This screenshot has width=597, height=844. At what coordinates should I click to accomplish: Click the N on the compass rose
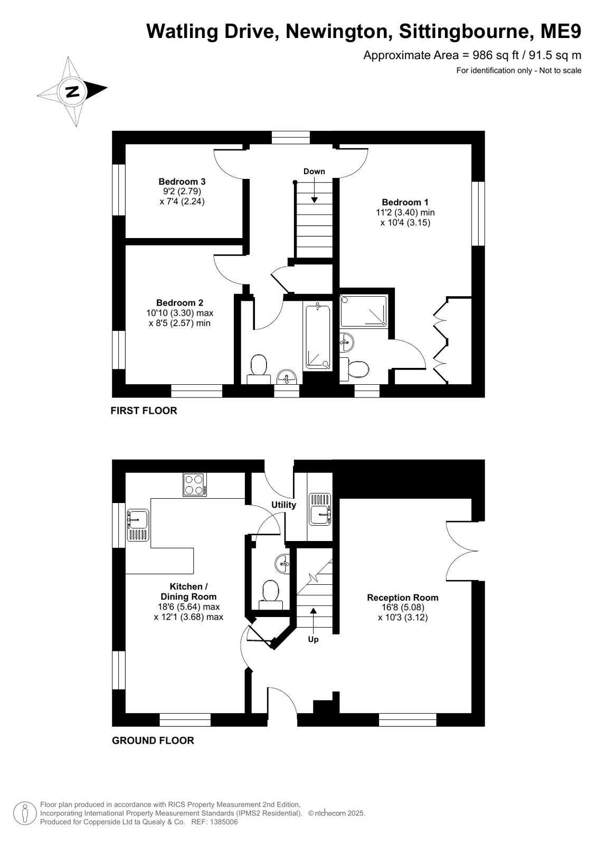coord(72,91)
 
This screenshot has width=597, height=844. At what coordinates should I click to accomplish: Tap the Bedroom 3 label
coord(182,182)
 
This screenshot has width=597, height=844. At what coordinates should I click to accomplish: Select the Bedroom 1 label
coord(405,202)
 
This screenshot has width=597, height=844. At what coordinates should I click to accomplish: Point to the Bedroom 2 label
coord(180,303)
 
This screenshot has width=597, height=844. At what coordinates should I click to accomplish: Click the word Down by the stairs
coord(314,172)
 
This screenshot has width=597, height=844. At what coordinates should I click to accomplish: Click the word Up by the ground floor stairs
coord(313,639)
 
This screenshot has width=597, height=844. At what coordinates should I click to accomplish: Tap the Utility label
coord(284,505)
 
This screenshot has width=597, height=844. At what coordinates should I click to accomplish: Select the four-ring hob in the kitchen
coord(195,485)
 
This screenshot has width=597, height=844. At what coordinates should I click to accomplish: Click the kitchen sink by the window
coord(138,525)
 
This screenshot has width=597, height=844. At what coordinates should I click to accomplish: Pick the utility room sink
coord(320,509)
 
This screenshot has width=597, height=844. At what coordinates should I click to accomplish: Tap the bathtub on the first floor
coord(318,338)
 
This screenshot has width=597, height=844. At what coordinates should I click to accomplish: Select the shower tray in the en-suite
coord(364,311)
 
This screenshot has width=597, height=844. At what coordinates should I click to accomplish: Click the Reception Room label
coord(403,598)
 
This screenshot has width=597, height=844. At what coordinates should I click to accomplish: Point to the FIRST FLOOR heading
coord(144,411)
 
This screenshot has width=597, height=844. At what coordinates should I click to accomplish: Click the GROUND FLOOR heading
coord(153,741)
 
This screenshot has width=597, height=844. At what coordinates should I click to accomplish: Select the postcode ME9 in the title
coord(561,31)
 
